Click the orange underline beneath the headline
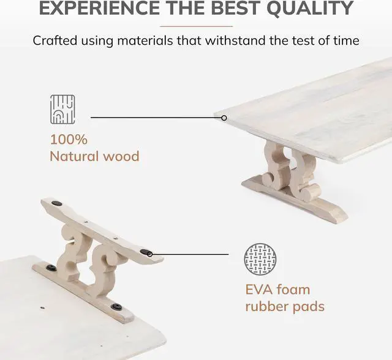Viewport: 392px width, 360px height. click(x=196, y=26)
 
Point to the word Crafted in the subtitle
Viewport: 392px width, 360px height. click(x=56, y=41)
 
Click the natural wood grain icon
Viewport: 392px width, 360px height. click(x=62, y=109)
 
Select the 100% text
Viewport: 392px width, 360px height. click(x=69, y=139)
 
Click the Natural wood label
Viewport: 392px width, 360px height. click(x=94, y=156)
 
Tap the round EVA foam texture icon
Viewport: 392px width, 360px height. click(x=260, y=258)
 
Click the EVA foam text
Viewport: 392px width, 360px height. click(x=277, y=289)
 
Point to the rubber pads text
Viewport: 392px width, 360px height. click(x=285, y=306)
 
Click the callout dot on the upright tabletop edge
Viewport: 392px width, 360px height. click(x=224, y=118)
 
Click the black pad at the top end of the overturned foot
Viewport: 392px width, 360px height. click(x=56, y=203)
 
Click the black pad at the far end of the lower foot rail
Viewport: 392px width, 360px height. click(x=52, y=268)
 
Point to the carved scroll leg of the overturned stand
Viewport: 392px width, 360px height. click(x=92, y=257)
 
